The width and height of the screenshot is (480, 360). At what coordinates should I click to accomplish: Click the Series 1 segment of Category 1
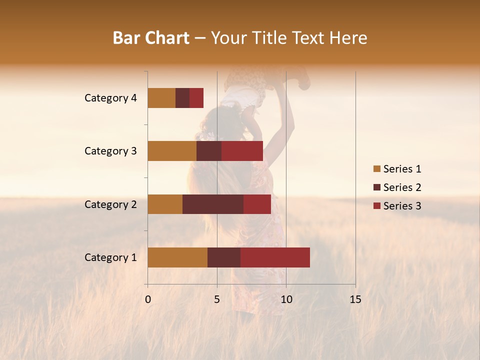pos(177,257)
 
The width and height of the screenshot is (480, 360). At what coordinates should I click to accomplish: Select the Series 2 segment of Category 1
pos(224,257)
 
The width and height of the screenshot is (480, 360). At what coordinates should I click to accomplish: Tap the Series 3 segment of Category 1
pos(275,257)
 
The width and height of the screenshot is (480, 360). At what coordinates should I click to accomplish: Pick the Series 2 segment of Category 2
pos(213,204)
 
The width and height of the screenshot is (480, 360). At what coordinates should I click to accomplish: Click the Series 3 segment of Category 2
pos(257,204)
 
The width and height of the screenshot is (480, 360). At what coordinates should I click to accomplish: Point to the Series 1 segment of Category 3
pos(172,151)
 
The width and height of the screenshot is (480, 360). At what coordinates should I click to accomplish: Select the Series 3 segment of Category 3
pos(242,151)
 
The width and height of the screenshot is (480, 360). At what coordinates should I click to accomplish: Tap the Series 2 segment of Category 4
pos(182,98)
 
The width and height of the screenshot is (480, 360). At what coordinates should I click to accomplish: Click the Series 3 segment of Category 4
pos(196,98)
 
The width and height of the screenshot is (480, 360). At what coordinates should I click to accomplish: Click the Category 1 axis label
pos(110,257)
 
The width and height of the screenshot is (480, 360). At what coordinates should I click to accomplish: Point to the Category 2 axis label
pos(110,204)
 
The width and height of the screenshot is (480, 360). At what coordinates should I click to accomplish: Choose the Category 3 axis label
pos(110,151)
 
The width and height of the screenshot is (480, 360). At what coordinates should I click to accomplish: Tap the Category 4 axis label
pos(110,98)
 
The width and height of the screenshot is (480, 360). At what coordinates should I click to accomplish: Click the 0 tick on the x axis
pos(148,299)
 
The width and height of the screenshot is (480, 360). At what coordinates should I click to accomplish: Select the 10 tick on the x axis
pos(286,299)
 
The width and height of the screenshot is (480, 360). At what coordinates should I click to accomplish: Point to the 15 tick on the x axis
pos(355,299)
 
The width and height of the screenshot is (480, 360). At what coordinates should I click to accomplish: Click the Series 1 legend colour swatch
pos(376,169)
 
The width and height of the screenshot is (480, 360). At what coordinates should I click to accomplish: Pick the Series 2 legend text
pos(402,187)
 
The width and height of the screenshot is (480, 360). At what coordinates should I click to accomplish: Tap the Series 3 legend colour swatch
pos(376,206)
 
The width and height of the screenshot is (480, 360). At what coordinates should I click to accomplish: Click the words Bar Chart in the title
pos(151,38)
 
